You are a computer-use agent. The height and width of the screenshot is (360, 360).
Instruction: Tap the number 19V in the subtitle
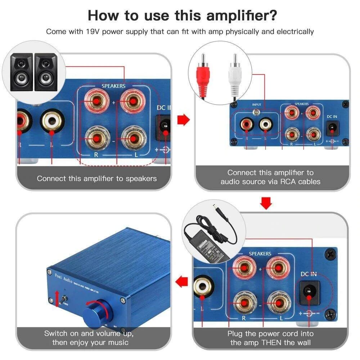95,31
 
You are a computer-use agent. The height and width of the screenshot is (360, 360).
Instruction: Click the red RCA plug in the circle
204,76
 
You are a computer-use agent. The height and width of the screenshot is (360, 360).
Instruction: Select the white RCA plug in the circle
234,76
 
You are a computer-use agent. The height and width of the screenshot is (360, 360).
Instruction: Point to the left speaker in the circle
21,72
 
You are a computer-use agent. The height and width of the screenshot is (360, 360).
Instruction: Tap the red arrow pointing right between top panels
184,119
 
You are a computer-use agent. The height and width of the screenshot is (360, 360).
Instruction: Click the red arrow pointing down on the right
266,203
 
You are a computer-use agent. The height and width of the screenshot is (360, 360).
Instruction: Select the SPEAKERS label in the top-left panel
113,86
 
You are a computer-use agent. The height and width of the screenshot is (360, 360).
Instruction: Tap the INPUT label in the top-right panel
256,105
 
